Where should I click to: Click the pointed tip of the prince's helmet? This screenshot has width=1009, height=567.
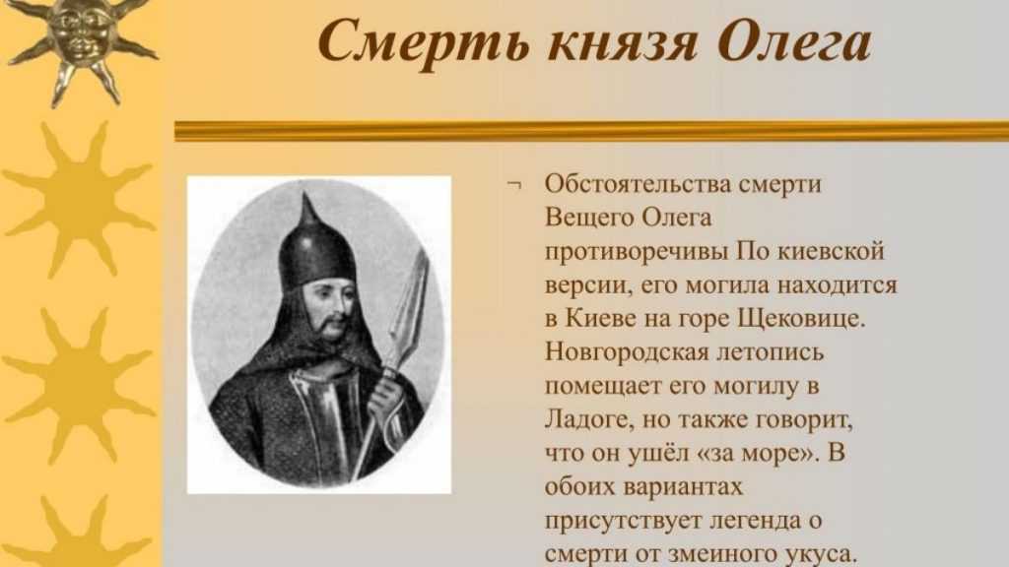305,194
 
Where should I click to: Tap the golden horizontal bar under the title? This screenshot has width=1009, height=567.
591,131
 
